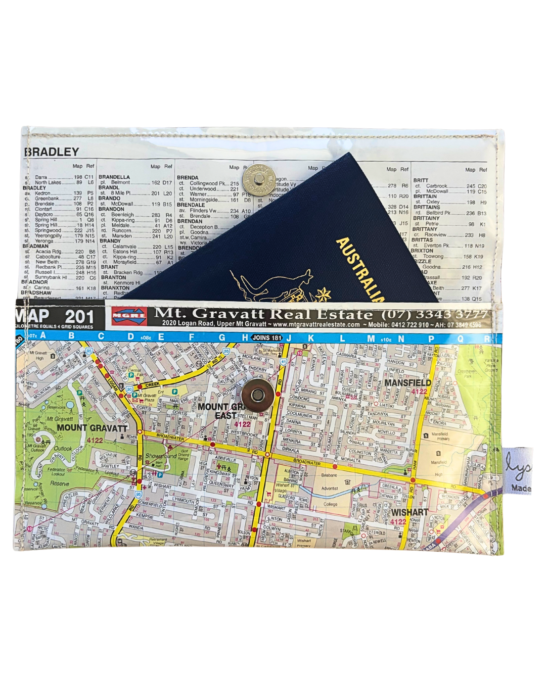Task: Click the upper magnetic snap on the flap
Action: coord(258,180)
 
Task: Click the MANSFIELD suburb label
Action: coord(407,383)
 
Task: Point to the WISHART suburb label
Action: coord(409,512)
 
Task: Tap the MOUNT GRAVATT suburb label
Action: coord(92,428)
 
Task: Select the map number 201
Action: coord(79,317)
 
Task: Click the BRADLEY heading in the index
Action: coord(52,152)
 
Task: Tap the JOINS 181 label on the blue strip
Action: coord(267,337)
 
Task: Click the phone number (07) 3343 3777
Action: coord(434,314)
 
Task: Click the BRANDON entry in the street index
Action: coord(112,209)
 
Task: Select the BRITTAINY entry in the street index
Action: coord(426,218)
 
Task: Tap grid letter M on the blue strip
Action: coord(371,338)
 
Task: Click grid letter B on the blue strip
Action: coord(71,336)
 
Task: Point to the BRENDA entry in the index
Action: coord(188,178)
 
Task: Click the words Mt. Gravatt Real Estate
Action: coord(263,314)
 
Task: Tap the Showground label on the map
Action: coord(161,456)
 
